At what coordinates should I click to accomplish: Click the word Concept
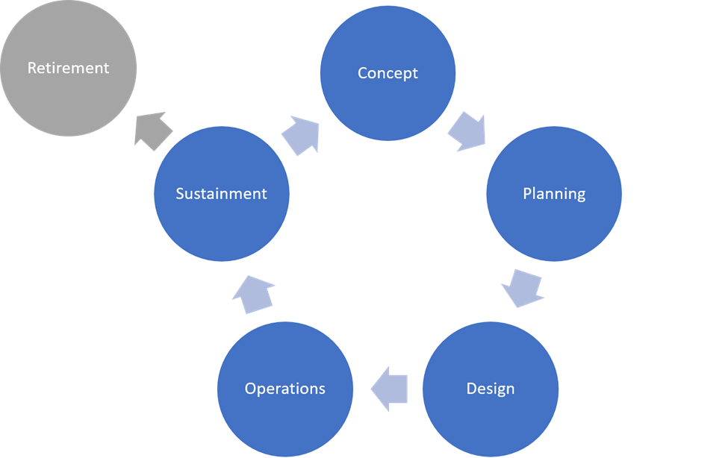coord(388,73)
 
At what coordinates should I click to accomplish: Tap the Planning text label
coord(554,194)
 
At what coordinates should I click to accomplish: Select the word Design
coord(491,389)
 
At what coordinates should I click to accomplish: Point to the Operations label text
coord(285,389)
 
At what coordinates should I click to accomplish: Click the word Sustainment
coord(221,194)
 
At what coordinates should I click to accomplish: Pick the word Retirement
coord(68,68)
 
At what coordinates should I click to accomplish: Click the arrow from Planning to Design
coord(522,288)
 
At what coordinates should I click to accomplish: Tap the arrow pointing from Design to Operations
coord(389,389)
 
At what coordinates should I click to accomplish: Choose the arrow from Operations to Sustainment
coord(252,294)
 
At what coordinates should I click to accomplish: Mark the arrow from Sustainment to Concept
coord(300,134)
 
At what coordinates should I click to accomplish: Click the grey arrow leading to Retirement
coord(154,131)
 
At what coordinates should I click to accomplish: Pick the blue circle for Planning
coord(554,224)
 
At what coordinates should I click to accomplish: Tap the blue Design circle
coord(491,418)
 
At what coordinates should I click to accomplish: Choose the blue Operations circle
coord(285,418)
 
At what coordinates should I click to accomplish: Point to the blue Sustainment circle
coord(221,224)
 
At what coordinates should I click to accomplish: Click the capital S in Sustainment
coord(179,194)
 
